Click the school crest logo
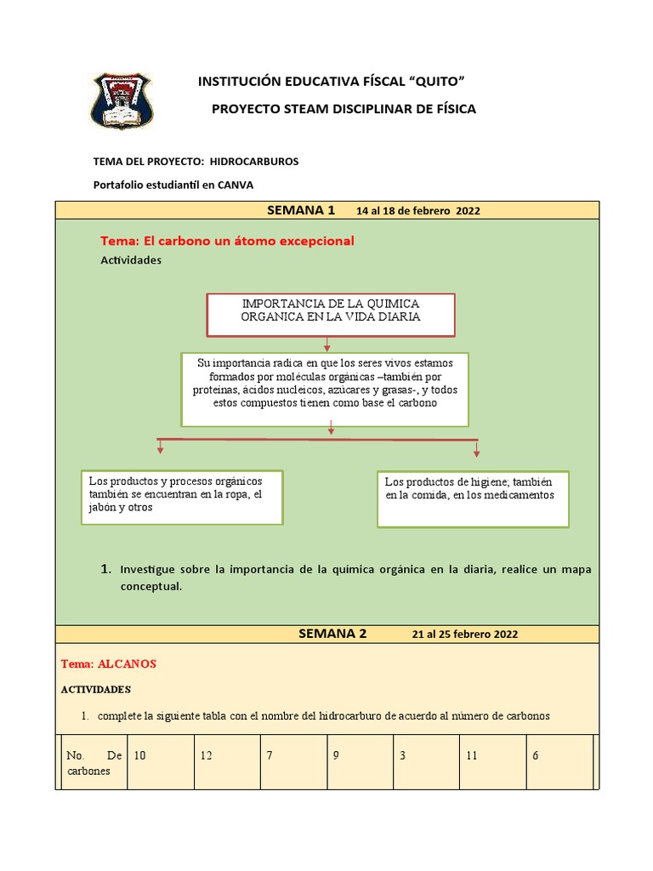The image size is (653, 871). tap(122, 100)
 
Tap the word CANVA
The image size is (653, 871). tap(236, 184)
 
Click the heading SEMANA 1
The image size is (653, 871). tap(301, 210)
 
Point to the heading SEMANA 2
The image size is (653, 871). tap(332, 634)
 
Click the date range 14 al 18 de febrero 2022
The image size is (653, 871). tap(418, 211)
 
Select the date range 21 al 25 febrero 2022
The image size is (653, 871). tap(464, 635)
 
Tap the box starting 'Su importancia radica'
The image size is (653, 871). tap(324, 389)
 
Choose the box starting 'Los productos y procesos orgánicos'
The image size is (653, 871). tap(180, 497)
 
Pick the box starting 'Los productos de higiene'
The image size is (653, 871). tap(472, 498)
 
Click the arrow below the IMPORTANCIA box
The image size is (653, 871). tap(326, 343)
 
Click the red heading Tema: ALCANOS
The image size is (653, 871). tap(109, 663)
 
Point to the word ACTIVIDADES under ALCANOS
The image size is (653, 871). tap(96, 689)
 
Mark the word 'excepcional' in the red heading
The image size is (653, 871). tap(308, 242)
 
